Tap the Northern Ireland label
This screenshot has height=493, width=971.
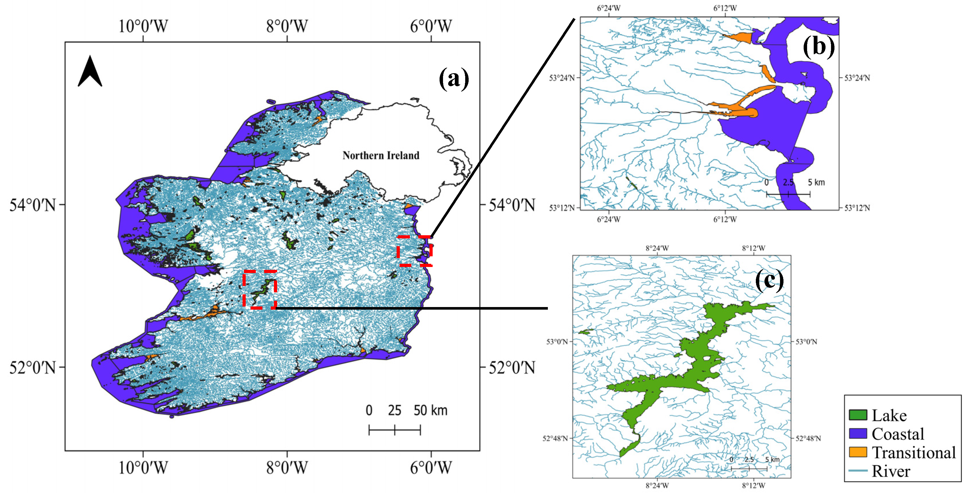point(381,155)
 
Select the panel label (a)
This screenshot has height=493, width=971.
point(454,78)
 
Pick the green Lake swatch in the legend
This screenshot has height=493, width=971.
point(858,415)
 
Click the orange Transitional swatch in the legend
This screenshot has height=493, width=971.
point(858,452)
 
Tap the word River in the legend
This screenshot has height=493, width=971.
point(891,471)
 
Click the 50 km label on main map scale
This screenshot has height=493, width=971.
point(430,410)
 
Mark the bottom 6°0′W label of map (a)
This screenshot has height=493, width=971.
point(431,468)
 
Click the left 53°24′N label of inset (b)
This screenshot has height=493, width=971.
point(562,78)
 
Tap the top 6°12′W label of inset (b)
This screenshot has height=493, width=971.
point(725,8)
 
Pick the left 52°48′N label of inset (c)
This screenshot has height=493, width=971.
point(555,438)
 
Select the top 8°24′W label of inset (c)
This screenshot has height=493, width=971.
point(657,248)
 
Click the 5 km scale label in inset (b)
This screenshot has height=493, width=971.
point(816,182)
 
